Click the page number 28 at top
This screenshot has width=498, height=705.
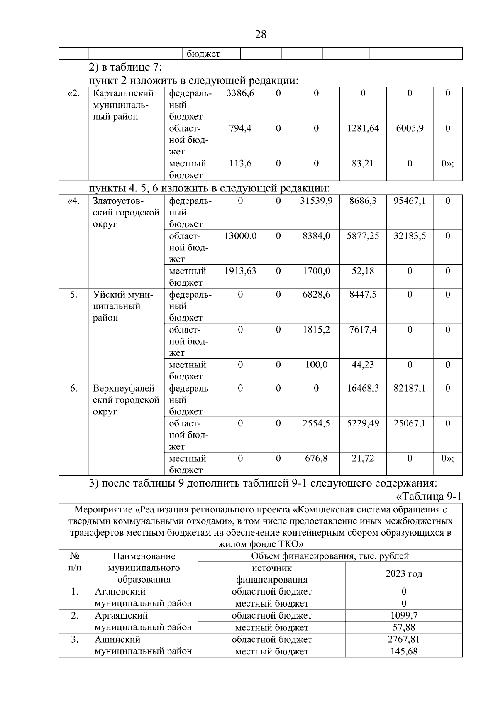tap(260, 34)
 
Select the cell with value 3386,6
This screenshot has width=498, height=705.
tap(240, 93)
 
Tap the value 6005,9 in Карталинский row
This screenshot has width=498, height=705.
tap(409, 128)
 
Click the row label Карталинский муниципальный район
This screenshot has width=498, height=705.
tap(123, 105)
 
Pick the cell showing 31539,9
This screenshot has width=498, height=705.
tap(316, 201)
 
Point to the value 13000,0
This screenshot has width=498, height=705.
tap(240, 236)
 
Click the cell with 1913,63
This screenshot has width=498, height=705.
tap(240, 271)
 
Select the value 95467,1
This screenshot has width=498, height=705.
tap(409, 201)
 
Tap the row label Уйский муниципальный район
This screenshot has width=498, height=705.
tap(123, 306)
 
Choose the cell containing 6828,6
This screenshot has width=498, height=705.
tap(316, 295)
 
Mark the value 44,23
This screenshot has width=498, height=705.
tap(362, 365)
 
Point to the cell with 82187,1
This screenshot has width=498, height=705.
tap(409, 389)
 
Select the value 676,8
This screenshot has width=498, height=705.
tap(316, 459)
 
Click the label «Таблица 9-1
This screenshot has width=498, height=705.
tap(429, 497)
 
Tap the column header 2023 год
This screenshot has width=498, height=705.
tap(403, 574)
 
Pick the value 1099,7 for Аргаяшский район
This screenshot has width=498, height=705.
tap(403, 616)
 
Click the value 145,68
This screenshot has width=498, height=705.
tap(403, 651)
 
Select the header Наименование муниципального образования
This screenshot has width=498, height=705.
tap(144, 568)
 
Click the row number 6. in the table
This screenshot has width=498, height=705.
tap(73, 389)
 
